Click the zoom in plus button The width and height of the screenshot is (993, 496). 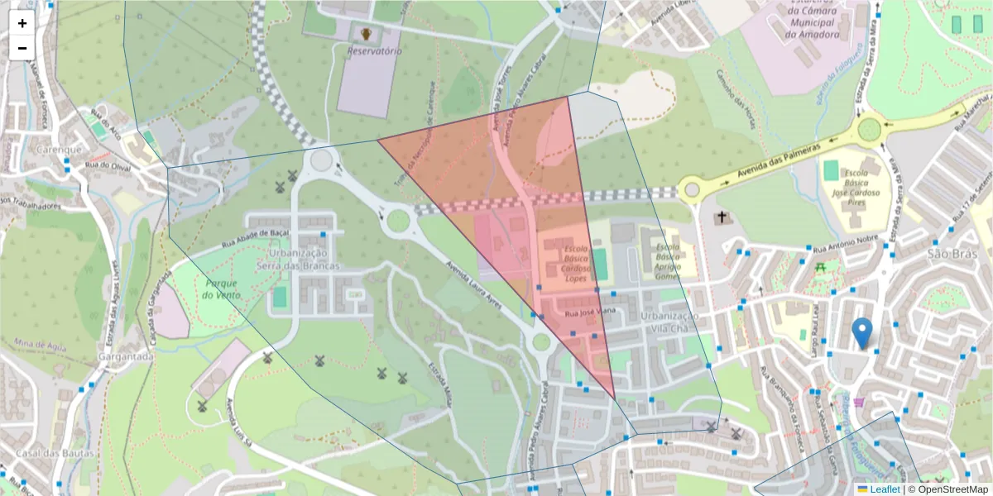22,23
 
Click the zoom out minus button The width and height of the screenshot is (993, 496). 22,47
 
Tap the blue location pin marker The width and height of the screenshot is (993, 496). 861,332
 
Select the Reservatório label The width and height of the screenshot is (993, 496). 374,51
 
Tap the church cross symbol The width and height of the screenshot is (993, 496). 722,217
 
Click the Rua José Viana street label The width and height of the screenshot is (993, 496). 590,313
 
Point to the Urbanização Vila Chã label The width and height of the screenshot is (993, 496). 669,322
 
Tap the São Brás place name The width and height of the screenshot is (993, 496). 947,253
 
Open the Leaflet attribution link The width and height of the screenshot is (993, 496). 884,489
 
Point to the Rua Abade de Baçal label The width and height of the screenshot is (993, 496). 255,241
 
